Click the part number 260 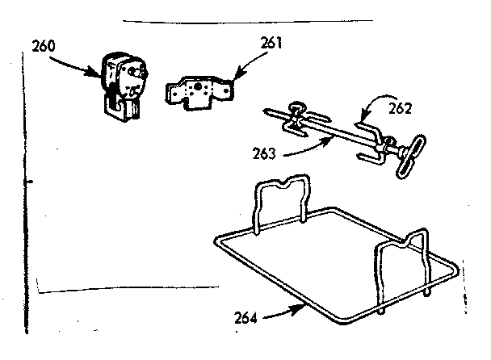(x=45, y=46)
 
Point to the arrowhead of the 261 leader (x=231, y=78)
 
